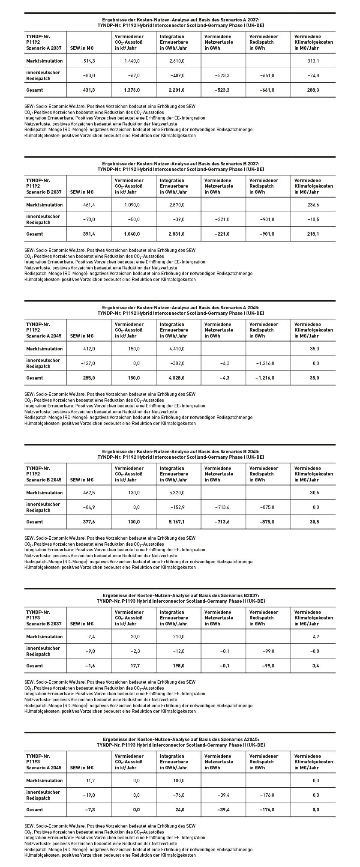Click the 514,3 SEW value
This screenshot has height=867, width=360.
89,61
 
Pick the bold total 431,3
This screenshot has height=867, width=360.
88,90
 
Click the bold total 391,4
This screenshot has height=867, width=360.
88,234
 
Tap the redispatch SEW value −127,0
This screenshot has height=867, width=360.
88,363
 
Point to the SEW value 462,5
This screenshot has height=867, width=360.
89,493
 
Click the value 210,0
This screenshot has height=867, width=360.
178,637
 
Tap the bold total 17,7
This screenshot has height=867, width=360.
135,666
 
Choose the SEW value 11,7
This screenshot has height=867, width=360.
90,780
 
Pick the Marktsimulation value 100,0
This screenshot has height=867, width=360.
178,780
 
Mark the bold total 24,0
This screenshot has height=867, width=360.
179,810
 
